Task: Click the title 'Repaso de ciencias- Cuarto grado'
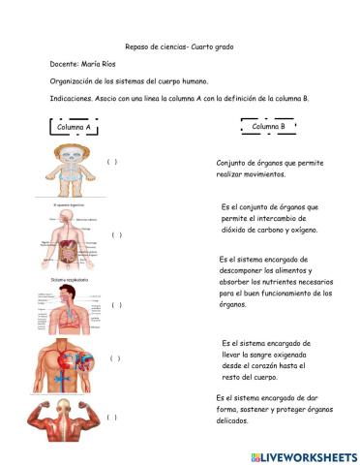(x=179, y=46)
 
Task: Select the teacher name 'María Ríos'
(x=101, y=64)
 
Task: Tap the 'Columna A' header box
(x=75, y=127)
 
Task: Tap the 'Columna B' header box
(x=268, y=127)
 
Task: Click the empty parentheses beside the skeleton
(x=113, y=162)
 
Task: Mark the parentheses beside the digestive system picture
(x=117, y=234)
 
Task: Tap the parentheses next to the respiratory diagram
(x=117, y=305)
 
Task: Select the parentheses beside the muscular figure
(x=113, y=418)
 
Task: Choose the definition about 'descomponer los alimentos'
(x=275, y=282)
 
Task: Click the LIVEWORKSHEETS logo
(x=304, y=456)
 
